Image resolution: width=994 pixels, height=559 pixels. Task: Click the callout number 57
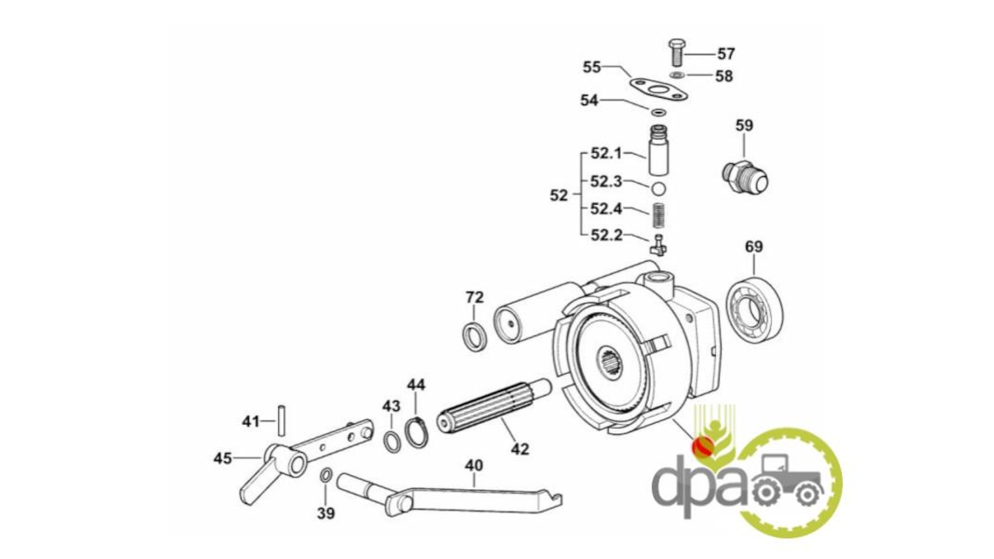[726, 54]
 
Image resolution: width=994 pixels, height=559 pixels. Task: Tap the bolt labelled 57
[676, 52]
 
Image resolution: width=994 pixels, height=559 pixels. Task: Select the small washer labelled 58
[677, 76]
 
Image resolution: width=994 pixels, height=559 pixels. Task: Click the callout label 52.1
[606, 154]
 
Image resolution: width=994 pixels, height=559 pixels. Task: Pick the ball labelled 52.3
[658, 188]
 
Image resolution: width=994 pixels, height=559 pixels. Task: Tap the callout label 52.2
[607, 236]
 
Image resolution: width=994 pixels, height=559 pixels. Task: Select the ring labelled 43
[392, 440]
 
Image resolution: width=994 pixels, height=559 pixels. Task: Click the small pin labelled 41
[281, 420]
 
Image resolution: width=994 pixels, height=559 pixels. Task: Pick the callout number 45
[223, 459]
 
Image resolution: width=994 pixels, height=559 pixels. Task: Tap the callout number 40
[474, 466]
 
